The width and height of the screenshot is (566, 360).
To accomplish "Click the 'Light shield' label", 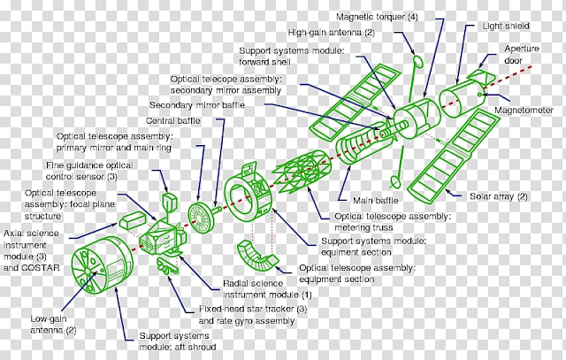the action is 506,26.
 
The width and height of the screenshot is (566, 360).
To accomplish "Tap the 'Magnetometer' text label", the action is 524,111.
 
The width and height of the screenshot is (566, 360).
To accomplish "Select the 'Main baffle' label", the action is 376,201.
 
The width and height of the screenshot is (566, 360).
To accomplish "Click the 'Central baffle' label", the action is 173,120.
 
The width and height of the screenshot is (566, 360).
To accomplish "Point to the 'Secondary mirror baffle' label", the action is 197,105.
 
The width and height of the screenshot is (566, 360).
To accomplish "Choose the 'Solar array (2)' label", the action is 499,196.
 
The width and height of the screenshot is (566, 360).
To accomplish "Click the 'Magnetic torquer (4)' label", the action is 377,17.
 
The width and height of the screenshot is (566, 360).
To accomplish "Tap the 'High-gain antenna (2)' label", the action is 332,33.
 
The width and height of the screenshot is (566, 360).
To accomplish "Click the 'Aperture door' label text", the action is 521,55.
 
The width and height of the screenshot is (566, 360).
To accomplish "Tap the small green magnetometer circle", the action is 479,95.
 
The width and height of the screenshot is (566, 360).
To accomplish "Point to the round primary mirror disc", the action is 200,218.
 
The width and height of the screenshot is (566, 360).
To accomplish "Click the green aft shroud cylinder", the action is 103,264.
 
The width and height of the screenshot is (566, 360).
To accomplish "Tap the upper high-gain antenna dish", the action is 417,61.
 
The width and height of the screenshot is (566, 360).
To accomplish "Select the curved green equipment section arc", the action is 256,257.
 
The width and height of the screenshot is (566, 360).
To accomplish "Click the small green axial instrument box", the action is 132,220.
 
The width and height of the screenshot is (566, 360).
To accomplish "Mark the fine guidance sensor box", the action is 169,202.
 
